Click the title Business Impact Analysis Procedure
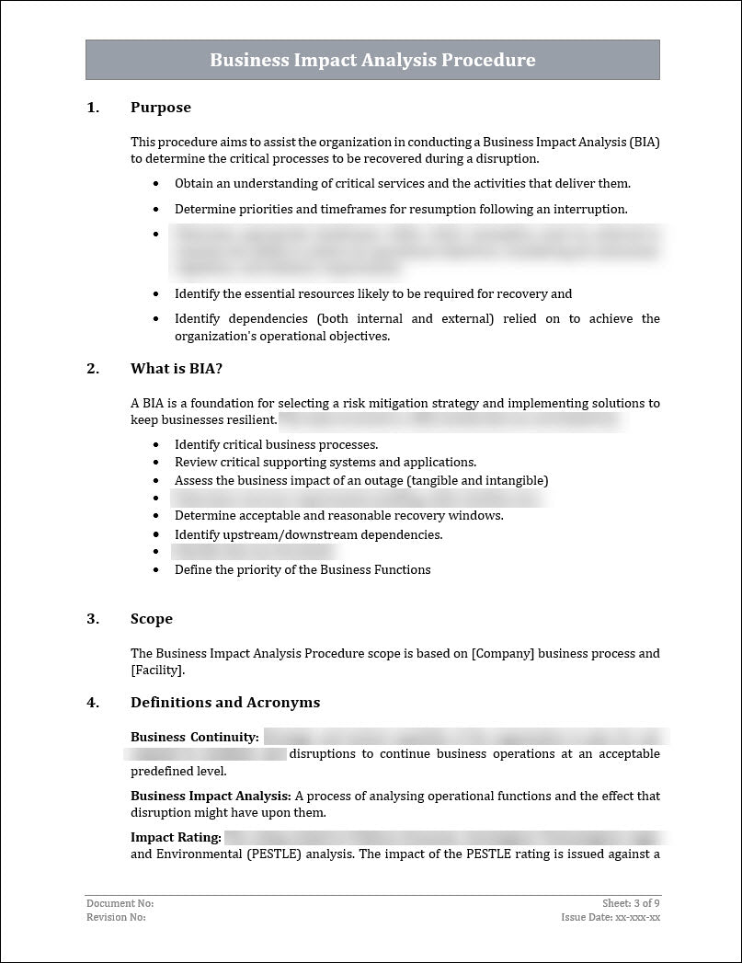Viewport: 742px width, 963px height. tap(372, 60)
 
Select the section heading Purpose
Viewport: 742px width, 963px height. tap(161, 108)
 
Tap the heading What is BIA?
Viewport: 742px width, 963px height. tap(177, 369)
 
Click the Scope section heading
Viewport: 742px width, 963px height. tap(152, 619)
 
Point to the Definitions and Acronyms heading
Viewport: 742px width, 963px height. tap(225, 703)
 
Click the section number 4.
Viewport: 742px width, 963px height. tap(92, 703)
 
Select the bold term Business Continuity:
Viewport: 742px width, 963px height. tap(194, 737)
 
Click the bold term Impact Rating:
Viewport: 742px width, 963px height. tap(176, 837)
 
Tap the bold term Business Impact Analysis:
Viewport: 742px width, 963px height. tap(211, 796)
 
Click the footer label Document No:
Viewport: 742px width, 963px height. tap(114, 904)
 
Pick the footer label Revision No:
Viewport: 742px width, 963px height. tap(116, 917)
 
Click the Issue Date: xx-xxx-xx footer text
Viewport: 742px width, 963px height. tap(611, 917)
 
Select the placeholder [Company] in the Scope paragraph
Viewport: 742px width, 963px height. tap(502, 654)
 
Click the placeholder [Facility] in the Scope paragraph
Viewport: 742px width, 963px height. tap(157, 671)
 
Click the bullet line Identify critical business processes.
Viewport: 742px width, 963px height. tap(276, 444)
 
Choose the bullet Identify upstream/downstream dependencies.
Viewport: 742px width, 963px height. tap(308, 534)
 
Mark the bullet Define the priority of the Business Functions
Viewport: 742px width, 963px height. tap(303, 569)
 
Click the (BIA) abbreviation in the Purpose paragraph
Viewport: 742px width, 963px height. tap(644, 142)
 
